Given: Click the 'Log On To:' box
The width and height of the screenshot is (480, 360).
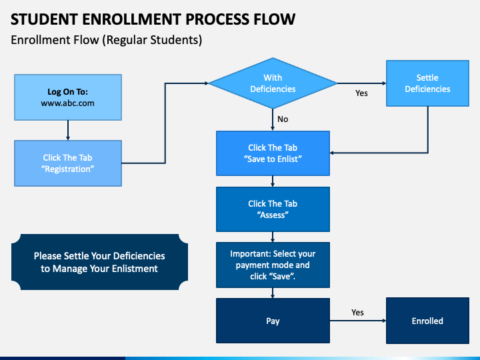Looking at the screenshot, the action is point(68,97).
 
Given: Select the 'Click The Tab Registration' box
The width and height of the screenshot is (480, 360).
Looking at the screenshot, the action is point(68,163).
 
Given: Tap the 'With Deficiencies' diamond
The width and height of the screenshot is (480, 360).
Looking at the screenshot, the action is point(273,83).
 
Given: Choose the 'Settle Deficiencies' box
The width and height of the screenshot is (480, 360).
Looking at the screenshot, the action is point(427,83).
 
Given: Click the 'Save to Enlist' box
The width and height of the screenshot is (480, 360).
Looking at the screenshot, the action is point(273,153).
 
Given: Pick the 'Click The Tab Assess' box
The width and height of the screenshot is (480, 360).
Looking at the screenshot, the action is point(273,209).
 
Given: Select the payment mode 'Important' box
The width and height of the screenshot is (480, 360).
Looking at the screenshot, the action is point(273,265).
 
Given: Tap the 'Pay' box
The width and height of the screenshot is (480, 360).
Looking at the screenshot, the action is point(273,321).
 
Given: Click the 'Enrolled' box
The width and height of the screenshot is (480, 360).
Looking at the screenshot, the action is point(427,321).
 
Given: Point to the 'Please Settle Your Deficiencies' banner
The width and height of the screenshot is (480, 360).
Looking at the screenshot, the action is point(99,262).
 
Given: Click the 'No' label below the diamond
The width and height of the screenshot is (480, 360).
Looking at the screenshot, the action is point(283,119).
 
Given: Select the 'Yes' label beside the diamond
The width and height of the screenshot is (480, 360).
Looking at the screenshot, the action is point(361,93).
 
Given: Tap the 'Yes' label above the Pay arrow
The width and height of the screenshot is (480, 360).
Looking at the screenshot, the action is point(357,312).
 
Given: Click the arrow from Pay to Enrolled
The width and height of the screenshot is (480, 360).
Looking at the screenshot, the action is point(358,321).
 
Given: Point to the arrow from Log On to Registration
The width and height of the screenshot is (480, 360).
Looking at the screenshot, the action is point(68,131).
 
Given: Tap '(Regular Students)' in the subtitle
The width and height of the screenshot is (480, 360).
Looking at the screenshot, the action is point(152,40).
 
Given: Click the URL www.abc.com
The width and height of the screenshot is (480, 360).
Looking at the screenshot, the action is point(67,103).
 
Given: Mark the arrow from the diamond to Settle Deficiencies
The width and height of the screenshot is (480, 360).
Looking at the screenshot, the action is point(361,83).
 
